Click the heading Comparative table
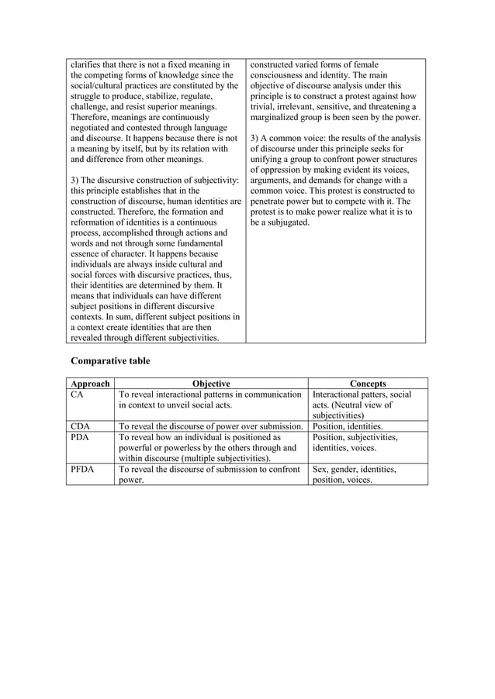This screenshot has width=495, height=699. pos(110,360)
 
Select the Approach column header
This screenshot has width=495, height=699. pos(90,384)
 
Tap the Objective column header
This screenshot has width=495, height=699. pos(211,384)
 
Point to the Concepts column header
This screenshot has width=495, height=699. pos(368,384)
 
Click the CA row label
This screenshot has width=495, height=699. pos(77,394)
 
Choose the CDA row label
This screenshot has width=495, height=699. pos(80,426)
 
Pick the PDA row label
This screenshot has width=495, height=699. pos(80,437)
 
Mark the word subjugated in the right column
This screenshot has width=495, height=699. pos(286,222)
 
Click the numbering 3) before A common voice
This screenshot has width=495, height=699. pos(255,138)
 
